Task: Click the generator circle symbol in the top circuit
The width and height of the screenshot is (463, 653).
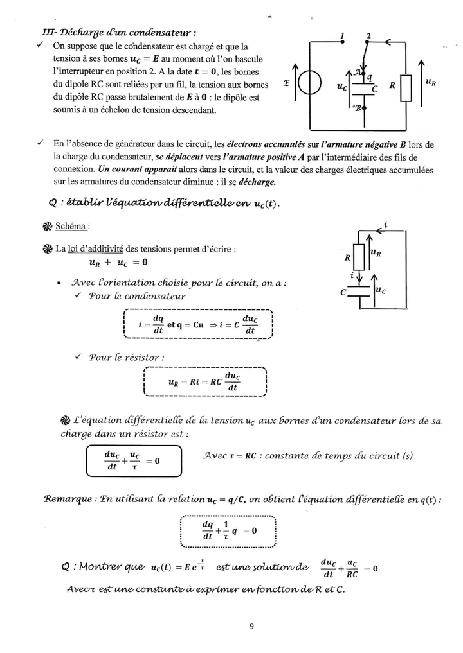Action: (x=309, y=85)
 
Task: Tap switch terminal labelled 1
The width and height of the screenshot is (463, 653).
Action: (x=343, y=42)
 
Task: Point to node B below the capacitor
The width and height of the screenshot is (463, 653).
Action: (x=364, y=108)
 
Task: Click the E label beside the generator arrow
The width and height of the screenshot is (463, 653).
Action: (x=286, y=83)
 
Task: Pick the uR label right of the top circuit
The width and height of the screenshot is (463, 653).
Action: (x=431, y=83)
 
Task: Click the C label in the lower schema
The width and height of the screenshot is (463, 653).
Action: (x=343, y=292)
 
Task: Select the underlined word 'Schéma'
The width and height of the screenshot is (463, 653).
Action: (x=72, y=227)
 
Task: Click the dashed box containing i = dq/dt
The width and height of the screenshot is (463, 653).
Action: (x=197, y=325)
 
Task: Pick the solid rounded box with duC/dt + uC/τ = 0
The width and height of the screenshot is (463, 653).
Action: (x=134, y=460)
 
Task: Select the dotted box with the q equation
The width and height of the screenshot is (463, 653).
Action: (x=228, y=530)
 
